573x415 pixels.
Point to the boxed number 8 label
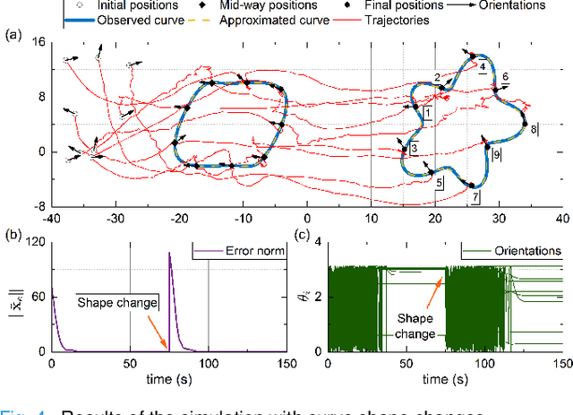pyautogui.click(x=535, y=129)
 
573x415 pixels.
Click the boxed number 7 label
pyautogui.click(x=475, y=195)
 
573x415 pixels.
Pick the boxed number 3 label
pyautogui.click(x=414, y=148)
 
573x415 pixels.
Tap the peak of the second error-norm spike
pyautogui.click(x=169, y=253)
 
